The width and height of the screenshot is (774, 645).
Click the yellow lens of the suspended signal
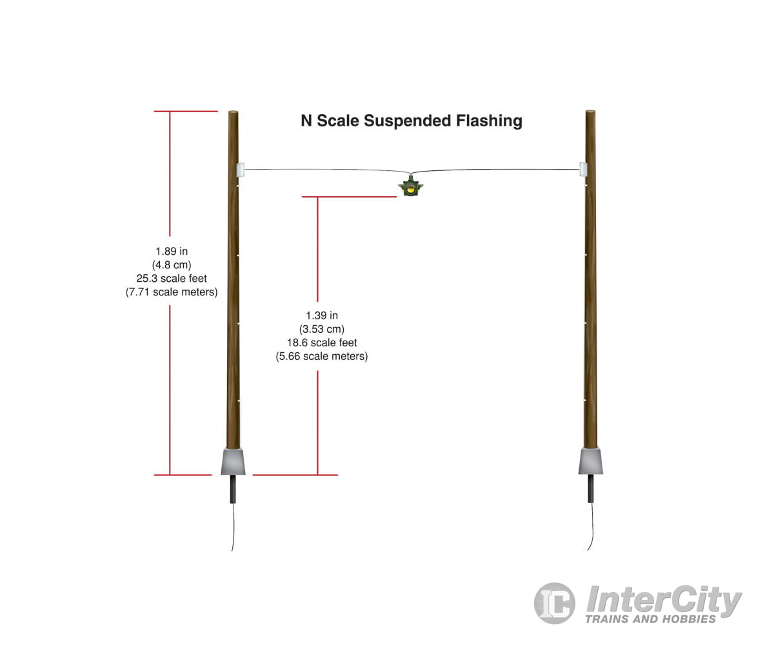(410, 190)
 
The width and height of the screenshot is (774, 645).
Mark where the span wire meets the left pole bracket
(244, 170)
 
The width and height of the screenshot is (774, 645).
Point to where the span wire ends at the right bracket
(579, 170)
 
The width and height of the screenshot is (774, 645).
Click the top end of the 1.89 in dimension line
(170, 111)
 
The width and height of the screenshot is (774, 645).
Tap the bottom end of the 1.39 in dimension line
(317, 475)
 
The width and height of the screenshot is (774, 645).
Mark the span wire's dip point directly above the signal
(410, 174)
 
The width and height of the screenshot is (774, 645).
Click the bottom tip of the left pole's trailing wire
(232, 551)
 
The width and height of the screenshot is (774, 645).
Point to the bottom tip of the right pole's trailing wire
(588, 550)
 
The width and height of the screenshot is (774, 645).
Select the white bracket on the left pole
(241, 170)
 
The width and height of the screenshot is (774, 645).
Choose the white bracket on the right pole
(583, 169)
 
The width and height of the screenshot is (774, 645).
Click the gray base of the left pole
(233, 462)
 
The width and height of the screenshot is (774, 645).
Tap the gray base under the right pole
(591, 461)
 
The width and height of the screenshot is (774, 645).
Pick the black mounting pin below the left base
(233, 489)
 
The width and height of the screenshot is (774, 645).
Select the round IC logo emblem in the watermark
(555, 603)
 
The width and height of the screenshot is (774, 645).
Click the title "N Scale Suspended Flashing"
(412, 121)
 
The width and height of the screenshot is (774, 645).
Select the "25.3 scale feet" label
(172, 278)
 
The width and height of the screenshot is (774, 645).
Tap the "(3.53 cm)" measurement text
(322, 329)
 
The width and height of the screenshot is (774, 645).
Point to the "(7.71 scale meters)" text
(172, 292)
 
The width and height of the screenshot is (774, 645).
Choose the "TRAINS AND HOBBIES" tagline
(651, 619)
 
